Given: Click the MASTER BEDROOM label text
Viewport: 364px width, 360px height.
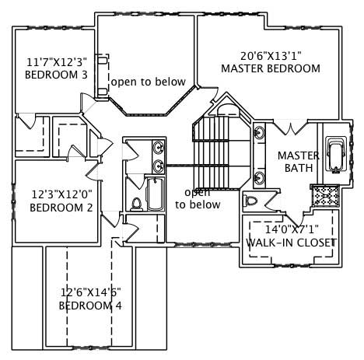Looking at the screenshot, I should [271, 68].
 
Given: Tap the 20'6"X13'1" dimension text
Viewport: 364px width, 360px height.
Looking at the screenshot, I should [271, 55].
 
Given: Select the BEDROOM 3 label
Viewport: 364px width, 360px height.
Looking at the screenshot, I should [57, 75].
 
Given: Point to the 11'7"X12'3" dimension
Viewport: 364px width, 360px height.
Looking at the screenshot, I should [57, 61].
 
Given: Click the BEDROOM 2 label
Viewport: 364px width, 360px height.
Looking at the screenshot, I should [56, 208].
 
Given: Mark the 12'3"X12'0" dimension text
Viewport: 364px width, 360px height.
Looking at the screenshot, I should [56, 194].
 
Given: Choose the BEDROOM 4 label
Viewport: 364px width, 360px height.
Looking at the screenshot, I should [91, 306].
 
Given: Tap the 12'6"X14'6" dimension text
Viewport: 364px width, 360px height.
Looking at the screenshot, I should [91, 292].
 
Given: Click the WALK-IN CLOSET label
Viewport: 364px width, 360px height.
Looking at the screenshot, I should [291, 243].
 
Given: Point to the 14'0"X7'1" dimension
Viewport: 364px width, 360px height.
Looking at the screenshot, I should [291, 230].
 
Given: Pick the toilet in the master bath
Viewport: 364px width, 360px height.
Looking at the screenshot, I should [251, 201].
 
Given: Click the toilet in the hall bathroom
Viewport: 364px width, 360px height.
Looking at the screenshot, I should [137, 204].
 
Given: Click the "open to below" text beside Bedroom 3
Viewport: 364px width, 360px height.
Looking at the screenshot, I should [148, 82].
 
